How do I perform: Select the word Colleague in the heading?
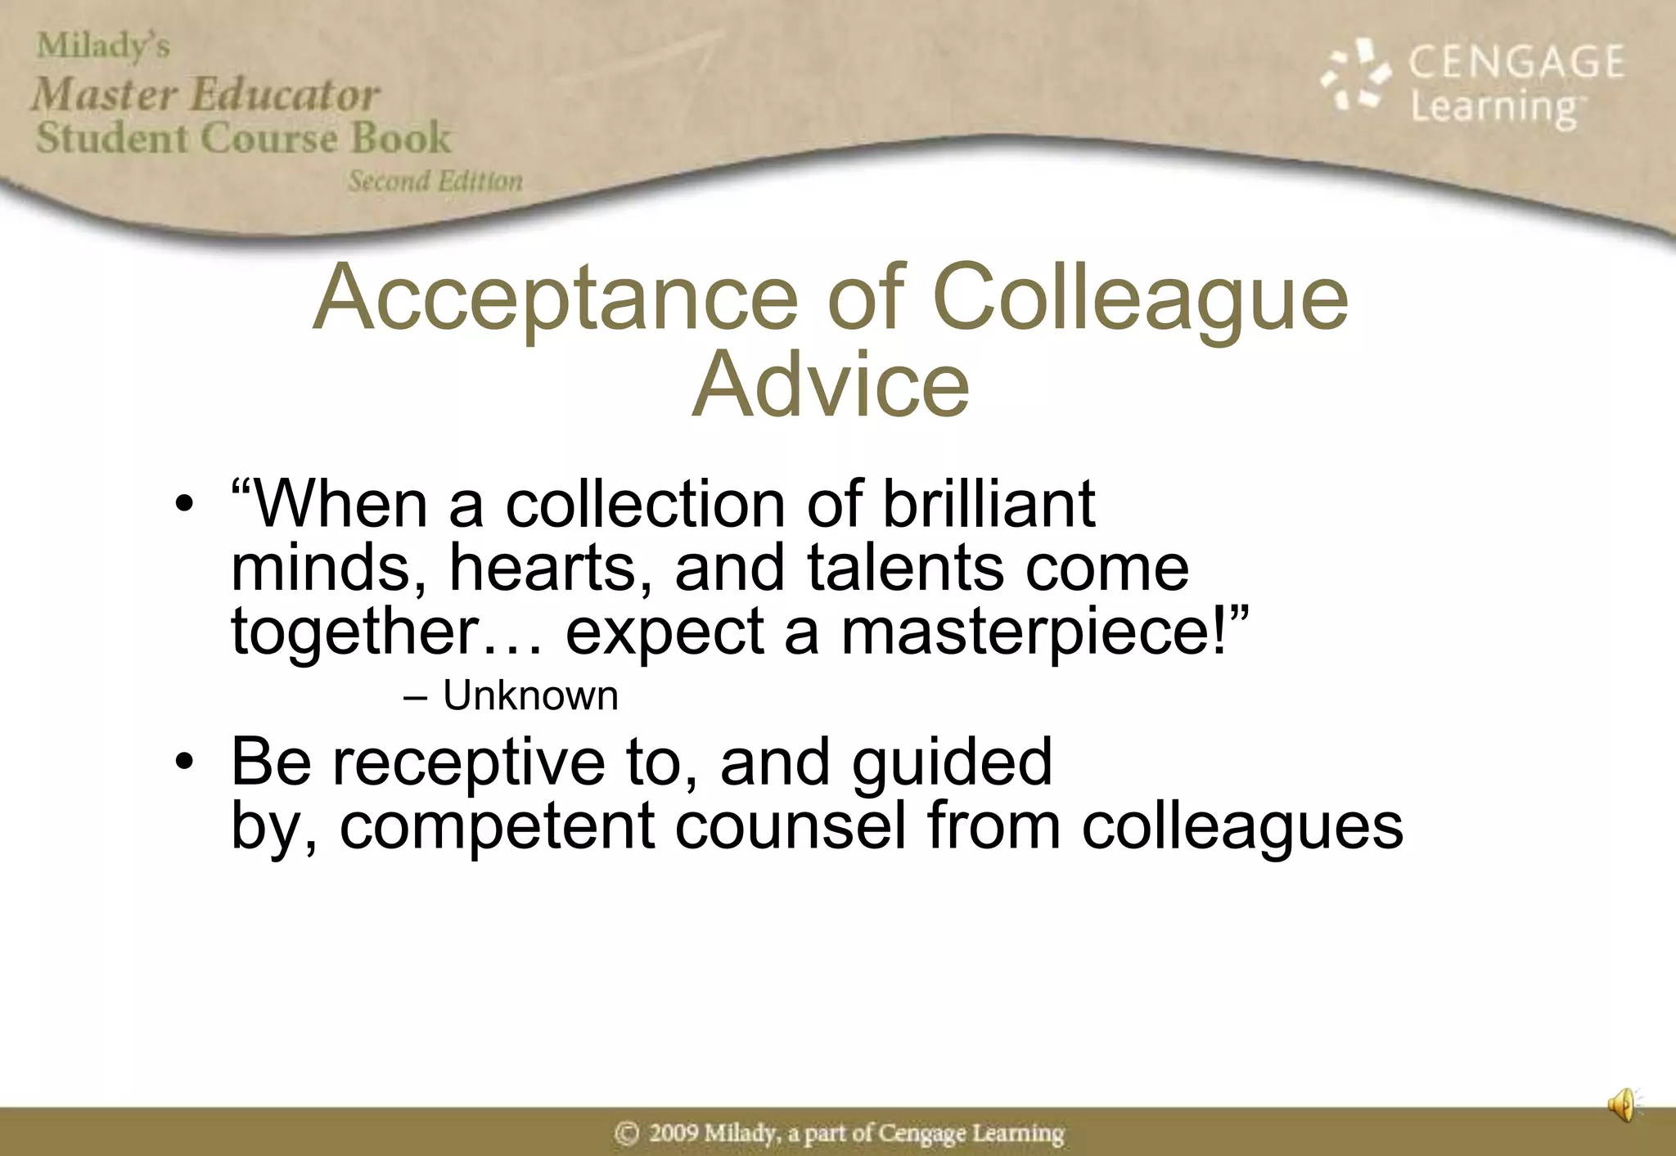tap(1139, 298)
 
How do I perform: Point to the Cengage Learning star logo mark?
tap(1356, 75)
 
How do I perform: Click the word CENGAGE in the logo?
tap(1516, 63)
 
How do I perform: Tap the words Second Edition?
tap(435, 181)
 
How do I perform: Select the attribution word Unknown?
tap(530, 696)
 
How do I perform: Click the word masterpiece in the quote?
tap(1033, 632)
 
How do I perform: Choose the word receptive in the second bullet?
tap(468, 762)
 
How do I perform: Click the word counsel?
tap(790, 825)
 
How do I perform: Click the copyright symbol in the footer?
tap(626, 1133)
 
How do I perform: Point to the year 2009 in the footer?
tap(674, 1133)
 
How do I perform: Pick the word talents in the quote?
tap(904, 568)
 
